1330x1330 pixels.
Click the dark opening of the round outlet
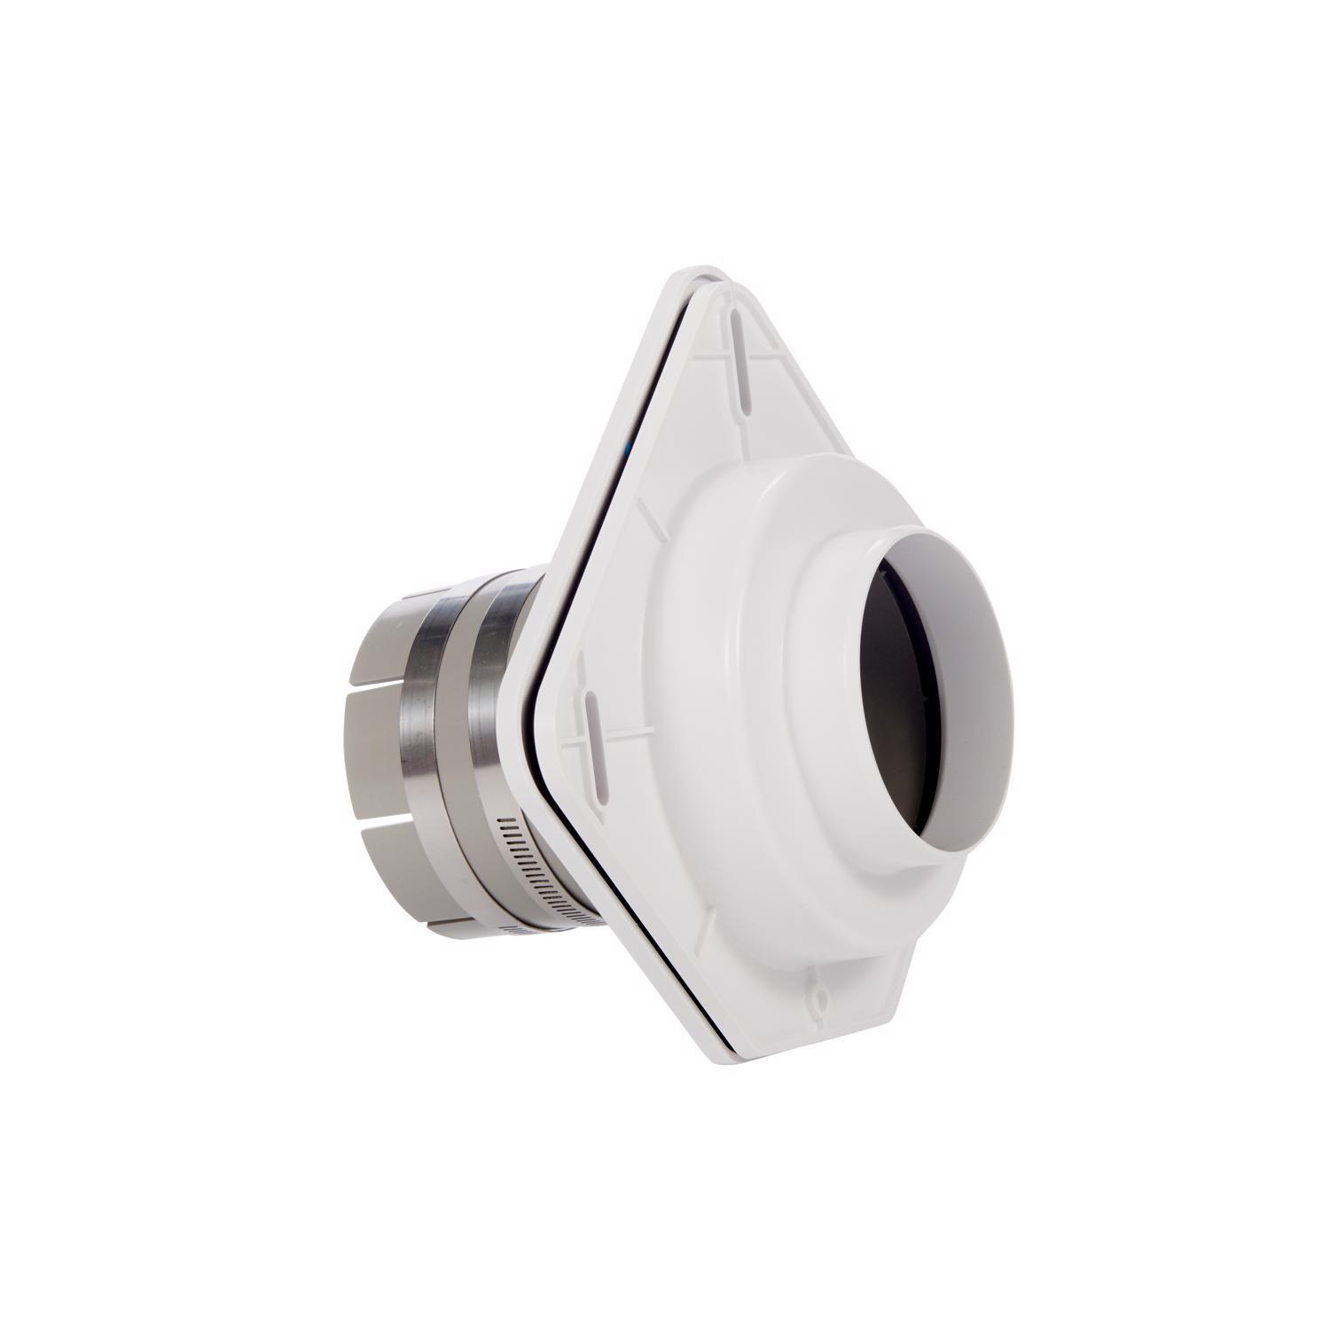point(896,674)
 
